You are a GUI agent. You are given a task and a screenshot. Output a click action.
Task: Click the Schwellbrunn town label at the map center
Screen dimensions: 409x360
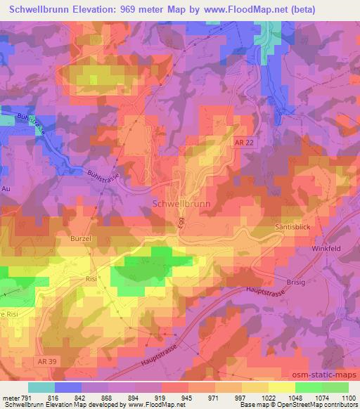click(181, 203)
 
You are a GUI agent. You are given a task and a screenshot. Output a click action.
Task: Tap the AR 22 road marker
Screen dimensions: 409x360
click(244, 141)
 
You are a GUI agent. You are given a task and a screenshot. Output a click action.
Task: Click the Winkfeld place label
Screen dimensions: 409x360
click(326, 248)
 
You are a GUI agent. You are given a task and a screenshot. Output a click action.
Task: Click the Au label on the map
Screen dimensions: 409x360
click(7, 189)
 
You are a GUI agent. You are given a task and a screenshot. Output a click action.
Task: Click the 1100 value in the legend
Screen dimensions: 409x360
click(347, 397)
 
